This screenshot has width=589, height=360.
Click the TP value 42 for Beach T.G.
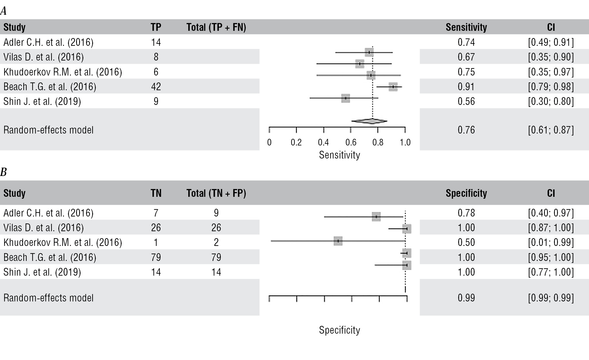156,87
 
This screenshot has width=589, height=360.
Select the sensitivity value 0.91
466,87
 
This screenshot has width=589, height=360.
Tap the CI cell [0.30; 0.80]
551,101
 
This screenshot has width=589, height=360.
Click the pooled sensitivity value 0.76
466,130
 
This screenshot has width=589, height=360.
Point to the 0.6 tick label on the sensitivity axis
351,142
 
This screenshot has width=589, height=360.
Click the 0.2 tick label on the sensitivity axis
296,142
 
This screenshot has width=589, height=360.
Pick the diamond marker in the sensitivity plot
369,121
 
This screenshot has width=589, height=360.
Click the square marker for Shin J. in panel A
345,98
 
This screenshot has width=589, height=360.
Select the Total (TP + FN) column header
216,27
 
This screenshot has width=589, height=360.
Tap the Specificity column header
466,193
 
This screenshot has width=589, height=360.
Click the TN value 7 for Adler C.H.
156,213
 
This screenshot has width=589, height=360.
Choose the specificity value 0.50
466,242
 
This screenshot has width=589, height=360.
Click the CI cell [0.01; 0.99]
551,242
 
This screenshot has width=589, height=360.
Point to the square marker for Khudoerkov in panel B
338,241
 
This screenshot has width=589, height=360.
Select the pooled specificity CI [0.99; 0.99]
551,298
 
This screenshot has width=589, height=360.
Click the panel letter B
3,172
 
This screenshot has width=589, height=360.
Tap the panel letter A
3,11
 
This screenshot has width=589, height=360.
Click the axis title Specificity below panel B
339,330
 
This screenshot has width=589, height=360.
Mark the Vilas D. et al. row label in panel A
44,57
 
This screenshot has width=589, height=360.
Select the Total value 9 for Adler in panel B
216,213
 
